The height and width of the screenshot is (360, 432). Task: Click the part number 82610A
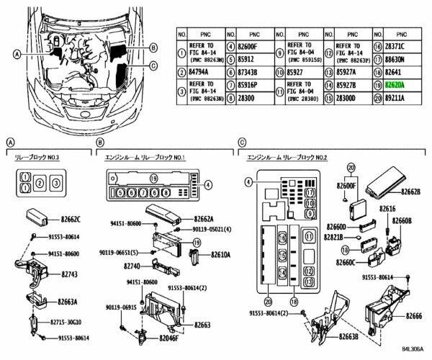[223, 255]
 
